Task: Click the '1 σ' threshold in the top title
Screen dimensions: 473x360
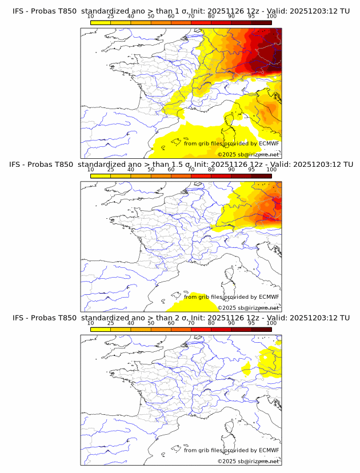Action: (x=182, y=11)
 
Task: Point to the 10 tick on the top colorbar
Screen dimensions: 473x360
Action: (x=90, y=16)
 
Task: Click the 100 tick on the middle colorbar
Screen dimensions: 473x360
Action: (x=271, y=169)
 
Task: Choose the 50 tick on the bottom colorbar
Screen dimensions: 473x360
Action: (x=151, y=323)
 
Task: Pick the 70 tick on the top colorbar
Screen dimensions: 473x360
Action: (x=191, y=16)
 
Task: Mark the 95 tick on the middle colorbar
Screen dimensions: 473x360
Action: (x=251, y=169)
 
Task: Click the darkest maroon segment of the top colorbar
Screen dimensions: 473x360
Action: (x=261, y=23)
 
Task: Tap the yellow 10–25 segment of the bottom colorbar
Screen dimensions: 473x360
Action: (x=101, y=330)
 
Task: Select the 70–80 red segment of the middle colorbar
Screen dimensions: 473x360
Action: (x=201, y=176)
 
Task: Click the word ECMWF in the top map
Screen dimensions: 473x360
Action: (x=269, y=143)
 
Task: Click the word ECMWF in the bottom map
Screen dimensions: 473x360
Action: (x=269, y=450)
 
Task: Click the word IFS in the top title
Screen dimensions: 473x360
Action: (x=19, y=11)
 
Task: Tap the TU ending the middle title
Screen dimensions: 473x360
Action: (x=345, y=165)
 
